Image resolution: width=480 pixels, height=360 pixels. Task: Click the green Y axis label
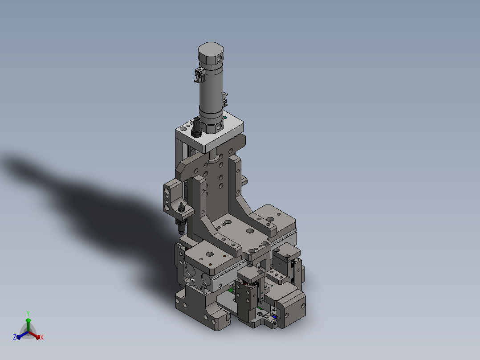click(28, 313)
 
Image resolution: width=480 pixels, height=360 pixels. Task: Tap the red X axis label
click(42, 337)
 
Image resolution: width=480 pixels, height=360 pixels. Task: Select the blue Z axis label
click(14, 337)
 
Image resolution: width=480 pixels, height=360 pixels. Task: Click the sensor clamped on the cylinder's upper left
click(199, 75)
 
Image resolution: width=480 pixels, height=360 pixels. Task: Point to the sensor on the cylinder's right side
click(225, 99)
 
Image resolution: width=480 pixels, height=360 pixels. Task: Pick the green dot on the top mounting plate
click(225, 117)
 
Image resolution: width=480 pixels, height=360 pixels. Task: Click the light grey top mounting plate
click(209, 132)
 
